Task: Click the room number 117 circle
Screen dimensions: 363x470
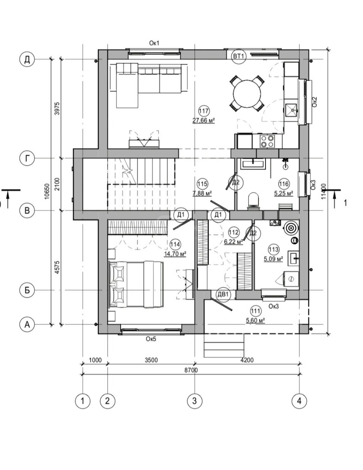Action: coord(204,111)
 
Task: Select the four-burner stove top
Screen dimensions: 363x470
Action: coord(267,141)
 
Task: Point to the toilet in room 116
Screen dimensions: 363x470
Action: coord(253,201)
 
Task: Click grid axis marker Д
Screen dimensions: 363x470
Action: coord(27,60)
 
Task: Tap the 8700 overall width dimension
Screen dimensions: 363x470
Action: coord(191,370)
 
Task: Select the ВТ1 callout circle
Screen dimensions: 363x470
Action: coord(238,57)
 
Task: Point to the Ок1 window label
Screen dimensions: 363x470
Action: coord(154,43)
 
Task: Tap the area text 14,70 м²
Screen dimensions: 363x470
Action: coord(175,254)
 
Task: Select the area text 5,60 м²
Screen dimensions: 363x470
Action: coord(256,320)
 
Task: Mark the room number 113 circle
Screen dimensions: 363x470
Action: coord(273,250)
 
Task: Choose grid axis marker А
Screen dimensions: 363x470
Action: coord(27,325)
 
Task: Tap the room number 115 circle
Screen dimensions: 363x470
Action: coord(202,184)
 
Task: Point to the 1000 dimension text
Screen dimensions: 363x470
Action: coord(95,360)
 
